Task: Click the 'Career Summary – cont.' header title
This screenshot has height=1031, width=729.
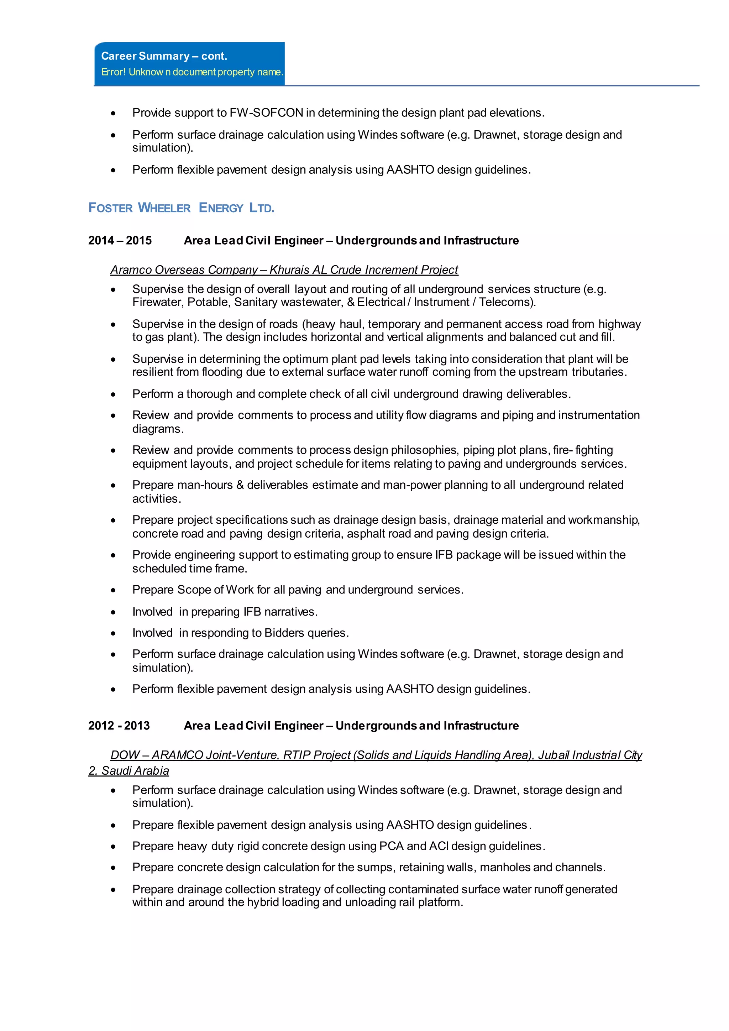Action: pos(164,56)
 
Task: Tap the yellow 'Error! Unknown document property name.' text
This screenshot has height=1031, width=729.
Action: pos(192,72)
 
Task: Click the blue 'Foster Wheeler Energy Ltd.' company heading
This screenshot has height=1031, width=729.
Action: pos(181,208)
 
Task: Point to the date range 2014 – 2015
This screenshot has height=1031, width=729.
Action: pos(120,241)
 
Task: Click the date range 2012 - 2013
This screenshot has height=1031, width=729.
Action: pos(119,726)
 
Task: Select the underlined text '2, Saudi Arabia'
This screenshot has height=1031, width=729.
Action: pos(129,771)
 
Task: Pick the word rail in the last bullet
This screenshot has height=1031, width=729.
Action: pos(406,902)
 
